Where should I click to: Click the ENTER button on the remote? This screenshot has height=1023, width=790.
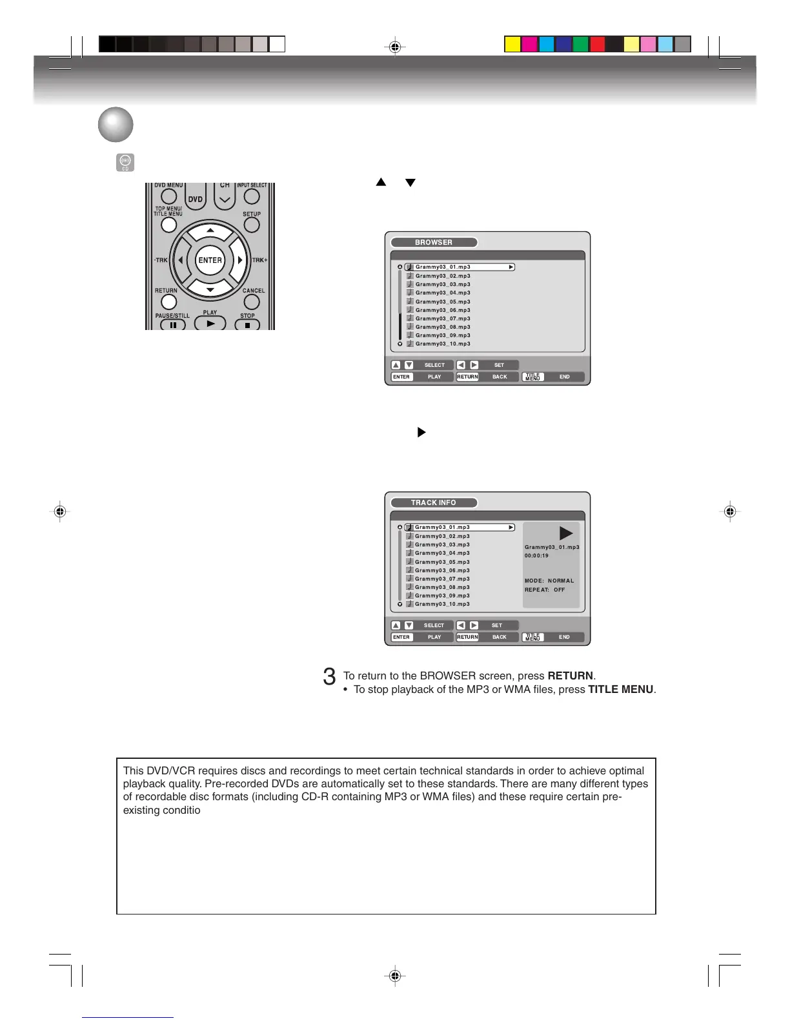coord(210,260)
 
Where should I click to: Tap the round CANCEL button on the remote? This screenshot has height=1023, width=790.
coord(252,302)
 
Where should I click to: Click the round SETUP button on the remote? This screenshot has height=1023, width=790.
coord(252,225)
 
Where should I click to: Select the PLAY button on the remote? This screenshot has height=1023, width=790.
coord(210,324)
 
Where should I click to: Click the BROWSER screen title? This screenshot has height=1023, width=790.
coord(434,242)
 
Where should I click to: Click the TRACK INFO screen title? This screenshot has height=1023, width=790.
coord(434,502)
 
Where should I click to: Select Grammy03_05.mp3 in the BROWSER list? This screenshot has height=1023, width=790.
coord(443,302)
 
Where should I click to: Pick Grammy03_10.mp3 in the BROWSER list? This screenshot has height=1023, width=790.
coord(443,344)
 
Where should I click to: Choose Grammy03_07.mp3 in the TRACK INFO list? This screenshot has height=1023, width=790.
coord(442,579)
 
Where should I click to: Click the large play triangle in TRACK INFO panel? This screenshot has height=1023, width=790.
coord(565,533)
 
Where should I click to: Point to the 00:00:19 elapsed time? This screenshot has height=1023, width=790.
coord(536,555)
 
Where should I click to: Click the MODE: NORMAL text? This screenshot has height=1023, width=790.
coord(549,581)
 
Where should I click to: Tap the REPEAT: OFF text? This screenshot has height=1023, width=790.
coord(545,590)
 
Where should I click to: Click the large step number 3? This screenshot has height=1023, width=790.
coord(329,677)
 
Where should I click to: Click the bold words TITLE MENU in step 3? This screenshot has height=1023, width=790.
coord(620,690)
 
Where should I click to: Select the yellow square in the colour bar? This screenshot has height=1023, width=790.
coord(512,44)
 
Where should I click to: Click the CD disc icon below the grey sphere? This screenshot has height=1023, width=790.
coord(125,163)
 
